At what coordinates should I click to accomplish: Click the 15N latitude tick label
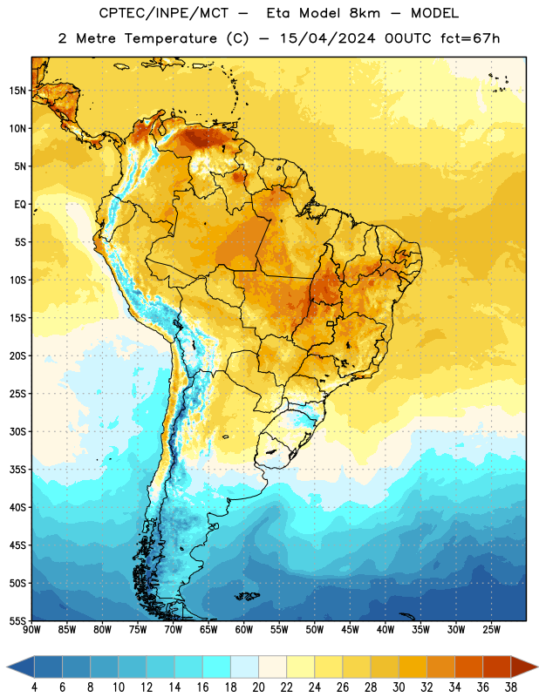point(17,91)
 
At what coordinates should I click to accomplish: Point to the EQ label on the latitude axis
point(20,205)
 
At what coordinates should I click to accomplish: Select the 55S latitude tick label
point(17,620)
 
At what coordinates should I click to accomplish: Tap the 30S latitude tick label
point(17,431)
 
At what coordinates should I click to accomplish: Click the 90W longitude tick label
point(31,630)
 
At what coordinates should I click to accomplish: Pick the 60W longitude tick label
point(244,630)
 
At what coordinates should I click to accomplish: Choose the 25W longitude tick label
point(491,630)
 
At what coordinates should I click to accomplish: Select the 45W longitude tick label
point(350,630)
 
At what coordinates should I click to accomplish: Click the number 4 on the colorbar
point(34,687)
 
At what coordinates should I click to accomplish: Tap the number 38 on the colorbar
point(510,687)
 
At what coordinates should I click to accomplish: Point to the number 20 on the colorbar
point(258,687)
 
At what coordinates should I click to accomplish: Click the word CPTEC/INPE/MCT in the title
point(163,14)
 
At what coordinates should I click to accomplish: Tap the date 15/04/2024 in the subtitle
point(327,38)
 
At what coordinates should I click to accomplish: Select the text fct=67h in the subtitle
point(470,38)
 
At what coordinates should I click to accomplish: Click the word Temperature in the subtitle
point(170,39)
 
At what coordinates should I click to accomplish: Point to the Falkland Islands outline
point(247,596)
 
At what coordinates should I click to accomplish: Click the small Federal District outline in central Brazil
point(331,323)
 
